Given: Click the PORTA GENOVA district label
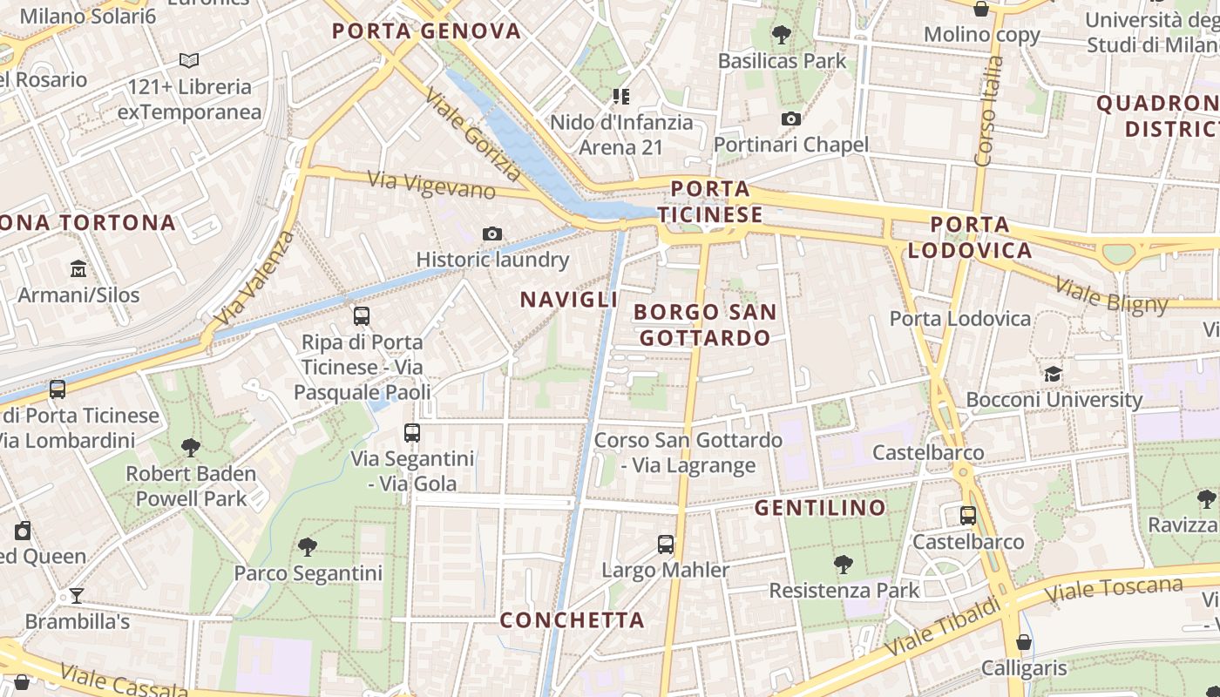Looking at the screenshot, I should [x=426, y=31].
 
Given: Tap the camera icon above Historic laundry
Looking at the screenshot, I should [x=492, y=233].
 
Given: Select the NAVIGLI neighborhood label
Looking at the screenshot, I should [x=569, y=300].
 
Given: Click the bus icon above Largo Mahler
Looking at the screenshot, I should [x=666, y=545].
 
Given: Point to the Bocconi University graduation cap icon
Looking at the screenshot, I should [x=1054, y=374].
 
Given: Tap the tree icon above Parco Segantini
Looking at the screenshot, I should [x=307, y=547].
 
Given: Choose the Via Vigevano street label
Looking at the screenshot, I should [x=431, y=185].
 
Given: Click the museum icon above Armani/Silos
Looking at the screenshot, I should [x=78, y=268].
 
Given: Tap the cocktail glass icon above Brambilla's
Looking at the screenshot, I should [x=77, y=596].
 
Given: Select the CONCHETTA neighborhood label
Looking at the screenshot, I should [x=573, y=620].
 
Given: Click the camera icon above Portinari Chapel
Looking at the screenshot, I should [x=791, y=118].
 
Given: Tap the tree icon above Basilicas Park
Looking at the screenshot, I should [x=781, y=35].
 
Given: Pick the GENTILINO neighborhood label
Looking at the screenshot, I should [x=820, y=507].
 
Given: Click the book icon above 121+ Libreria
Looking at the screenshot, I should [x=189, y=60].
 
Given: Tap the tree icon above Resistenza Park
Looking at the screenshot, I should [x=843, y=565].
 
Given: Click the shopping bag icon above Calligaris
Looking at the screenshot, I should [x=1024, y=642].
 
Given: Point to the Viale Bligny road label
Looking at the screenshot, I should [x=1111, y=294].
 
